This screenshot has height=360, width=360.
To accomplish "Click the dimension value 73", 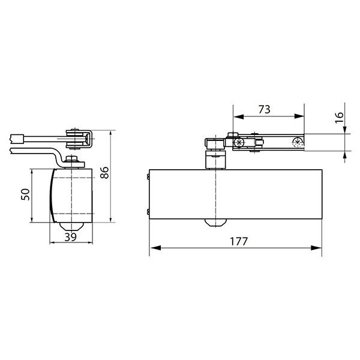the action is pyautogui.click(x=265, y=109).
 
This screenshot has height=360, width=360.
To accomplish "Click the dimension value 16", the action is pyautogui.click(x=340, y=118).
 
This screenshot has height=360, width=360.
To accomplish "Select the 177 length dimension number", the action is pyautogui.click(x=239, y=241).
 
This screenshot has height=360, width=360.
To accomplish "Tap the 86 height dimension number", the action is pyautogui.click(x=104, y=172).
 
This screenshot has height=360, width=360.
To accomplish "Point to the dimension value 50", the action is pyautogui.click(x=25, y=194).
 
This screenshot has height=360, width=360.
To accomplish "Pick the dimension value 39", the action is pyautogui.click(x=70, y=237).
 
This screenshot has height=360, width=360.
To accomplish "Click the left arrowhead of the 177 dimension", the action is pyautogui.click(x=155, y=248).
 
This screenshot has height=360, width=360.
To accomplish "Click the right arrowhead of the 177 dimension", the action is pyautogui.click(x=316, y=248).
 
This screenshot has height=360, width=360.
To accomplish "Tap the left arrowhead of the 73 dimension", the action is pyautogui.click(x=238, y=116).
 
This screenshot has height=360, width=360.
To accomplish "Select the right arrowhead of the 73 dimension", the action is pyautogui.click(x=299, y=116).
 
